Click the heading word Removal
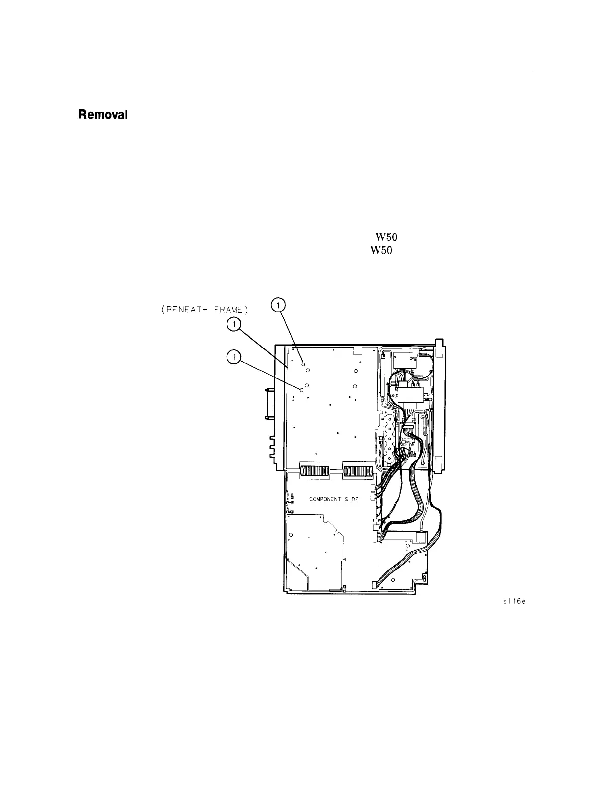pos(103,115)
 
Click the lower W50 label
pos(380,251)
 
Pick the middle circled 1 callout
pos(233,325)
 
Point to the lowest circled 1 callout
pos(233,356)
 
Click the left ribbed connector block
pos(314,471)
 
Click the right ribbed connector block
pos(358,471)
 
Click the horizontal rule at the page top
pos(306,70)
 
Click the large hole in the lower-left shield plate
pos(291,535)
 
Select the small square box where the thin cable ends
pos(420,537)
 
